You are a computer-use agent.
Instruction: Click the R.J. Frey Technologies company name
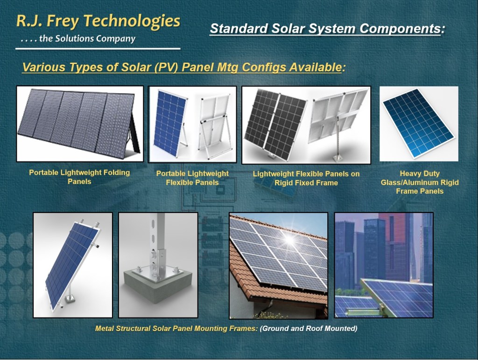98,21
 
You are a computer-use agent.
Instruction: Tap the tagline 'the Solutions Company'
87,39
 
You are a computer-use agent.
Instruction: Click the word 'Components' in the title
400,28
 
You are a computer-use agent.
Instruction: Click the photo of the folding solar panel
80,124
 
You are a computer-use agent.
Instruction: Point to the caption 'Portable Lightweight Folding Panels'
79,177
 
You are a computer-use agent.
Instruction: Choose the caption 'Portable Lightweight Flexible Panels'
192,178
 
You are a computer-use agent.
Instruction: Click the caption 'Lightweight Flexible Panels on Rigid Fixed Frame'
306,178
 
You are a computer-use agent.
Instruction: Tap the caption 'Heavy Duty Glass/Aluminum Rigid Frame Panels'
420,182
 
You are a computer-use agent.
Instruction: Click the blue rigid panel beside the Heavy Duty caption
418,124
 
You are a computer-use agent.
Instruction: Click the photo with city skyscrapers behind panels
384,265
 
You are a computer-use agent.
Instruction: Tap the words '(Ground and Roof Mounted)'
309,329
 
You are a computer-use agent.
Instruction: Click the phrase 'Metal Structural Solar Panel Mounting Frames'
176,329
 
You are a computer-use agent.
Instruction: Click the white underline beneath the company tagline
98,49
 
